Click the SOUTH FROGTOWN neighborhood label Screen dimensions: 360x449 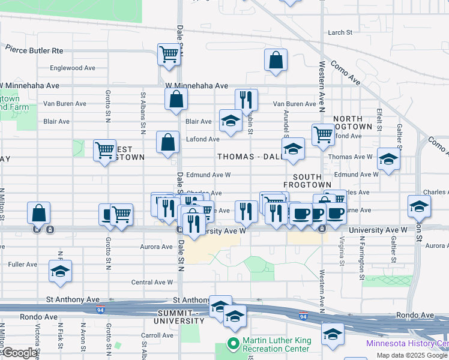(312, 181)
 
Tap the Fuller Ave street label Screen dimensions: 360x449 (23, 264)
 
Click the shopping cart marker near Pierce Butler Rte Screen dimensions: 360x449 (169, 55)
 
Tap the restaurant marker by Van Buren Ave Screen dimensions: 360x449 (246, 100)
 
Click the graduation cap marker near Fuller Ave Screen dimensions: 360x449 (60, 271)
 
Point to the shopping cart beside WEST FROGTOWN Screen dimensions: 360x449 (104, 150)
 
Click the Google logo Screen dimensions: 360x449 (20, 353)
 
